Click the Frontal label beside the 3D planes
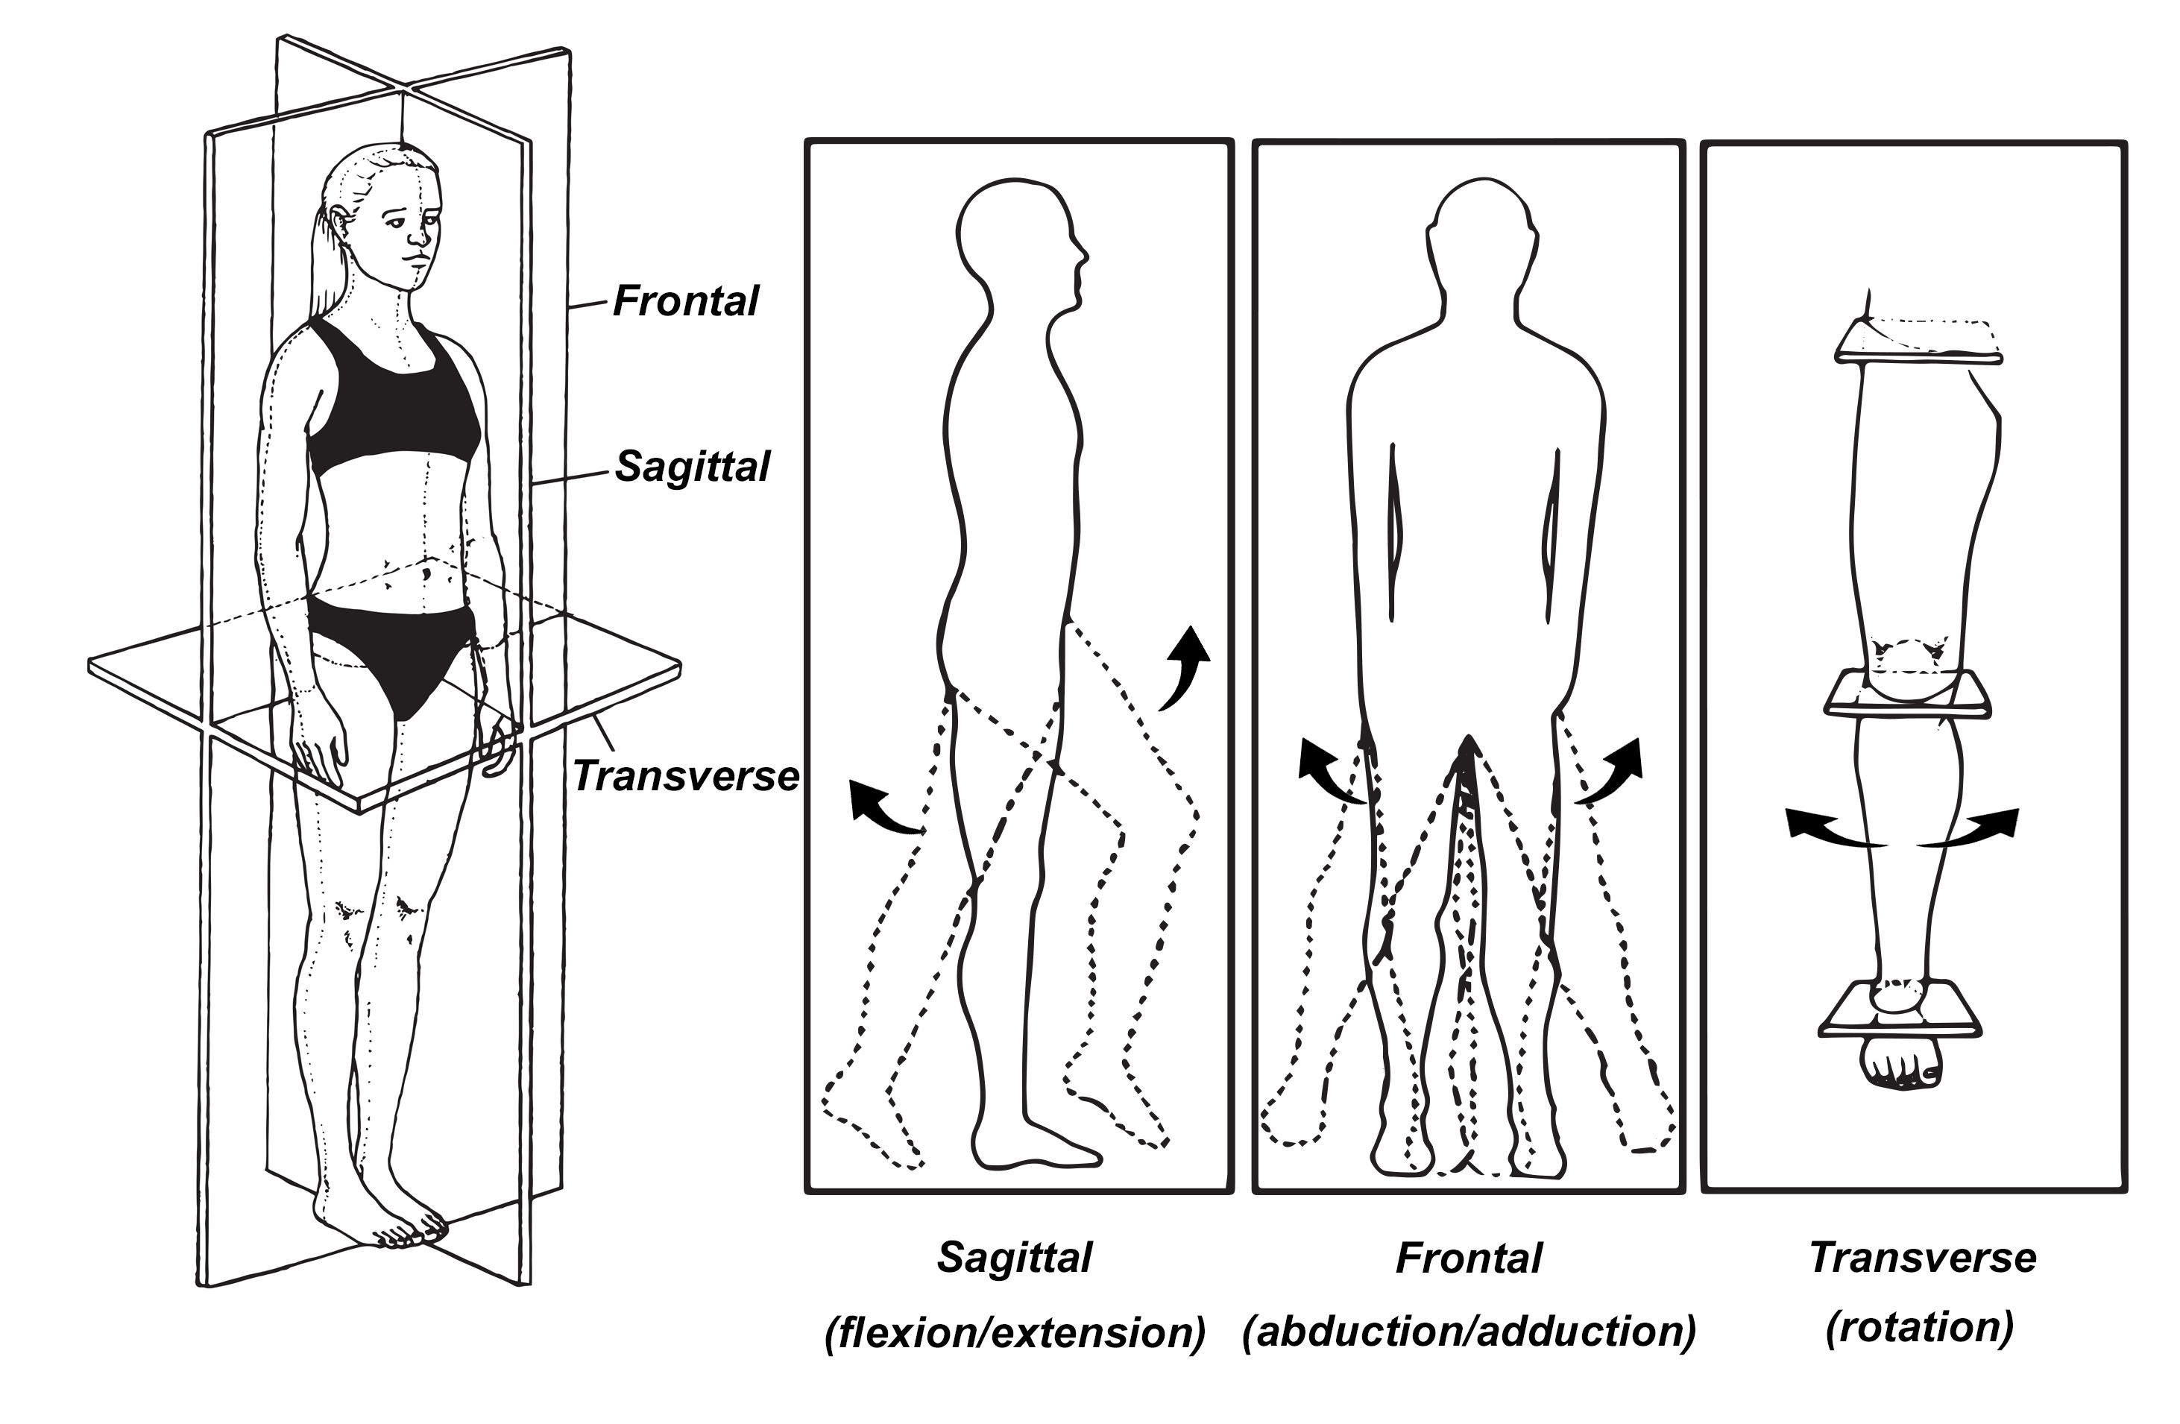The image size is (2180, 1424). coord(685,301)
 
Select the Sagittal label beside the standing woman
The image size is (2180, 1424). coord(693,466)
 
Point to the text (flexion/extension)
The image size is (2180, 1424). coord(1015,1333)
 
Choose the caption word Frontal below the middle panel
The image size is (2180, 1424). coord(1468,1258)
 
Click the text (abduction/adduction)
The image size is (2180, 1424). coord(1468,1332)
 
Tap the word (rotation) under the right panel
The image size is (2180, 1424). coord(1920,1326)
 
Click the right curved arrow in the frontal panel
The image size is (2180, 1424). coord(1611,769)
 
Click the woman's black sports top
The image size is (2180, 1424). coord(394,403)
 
